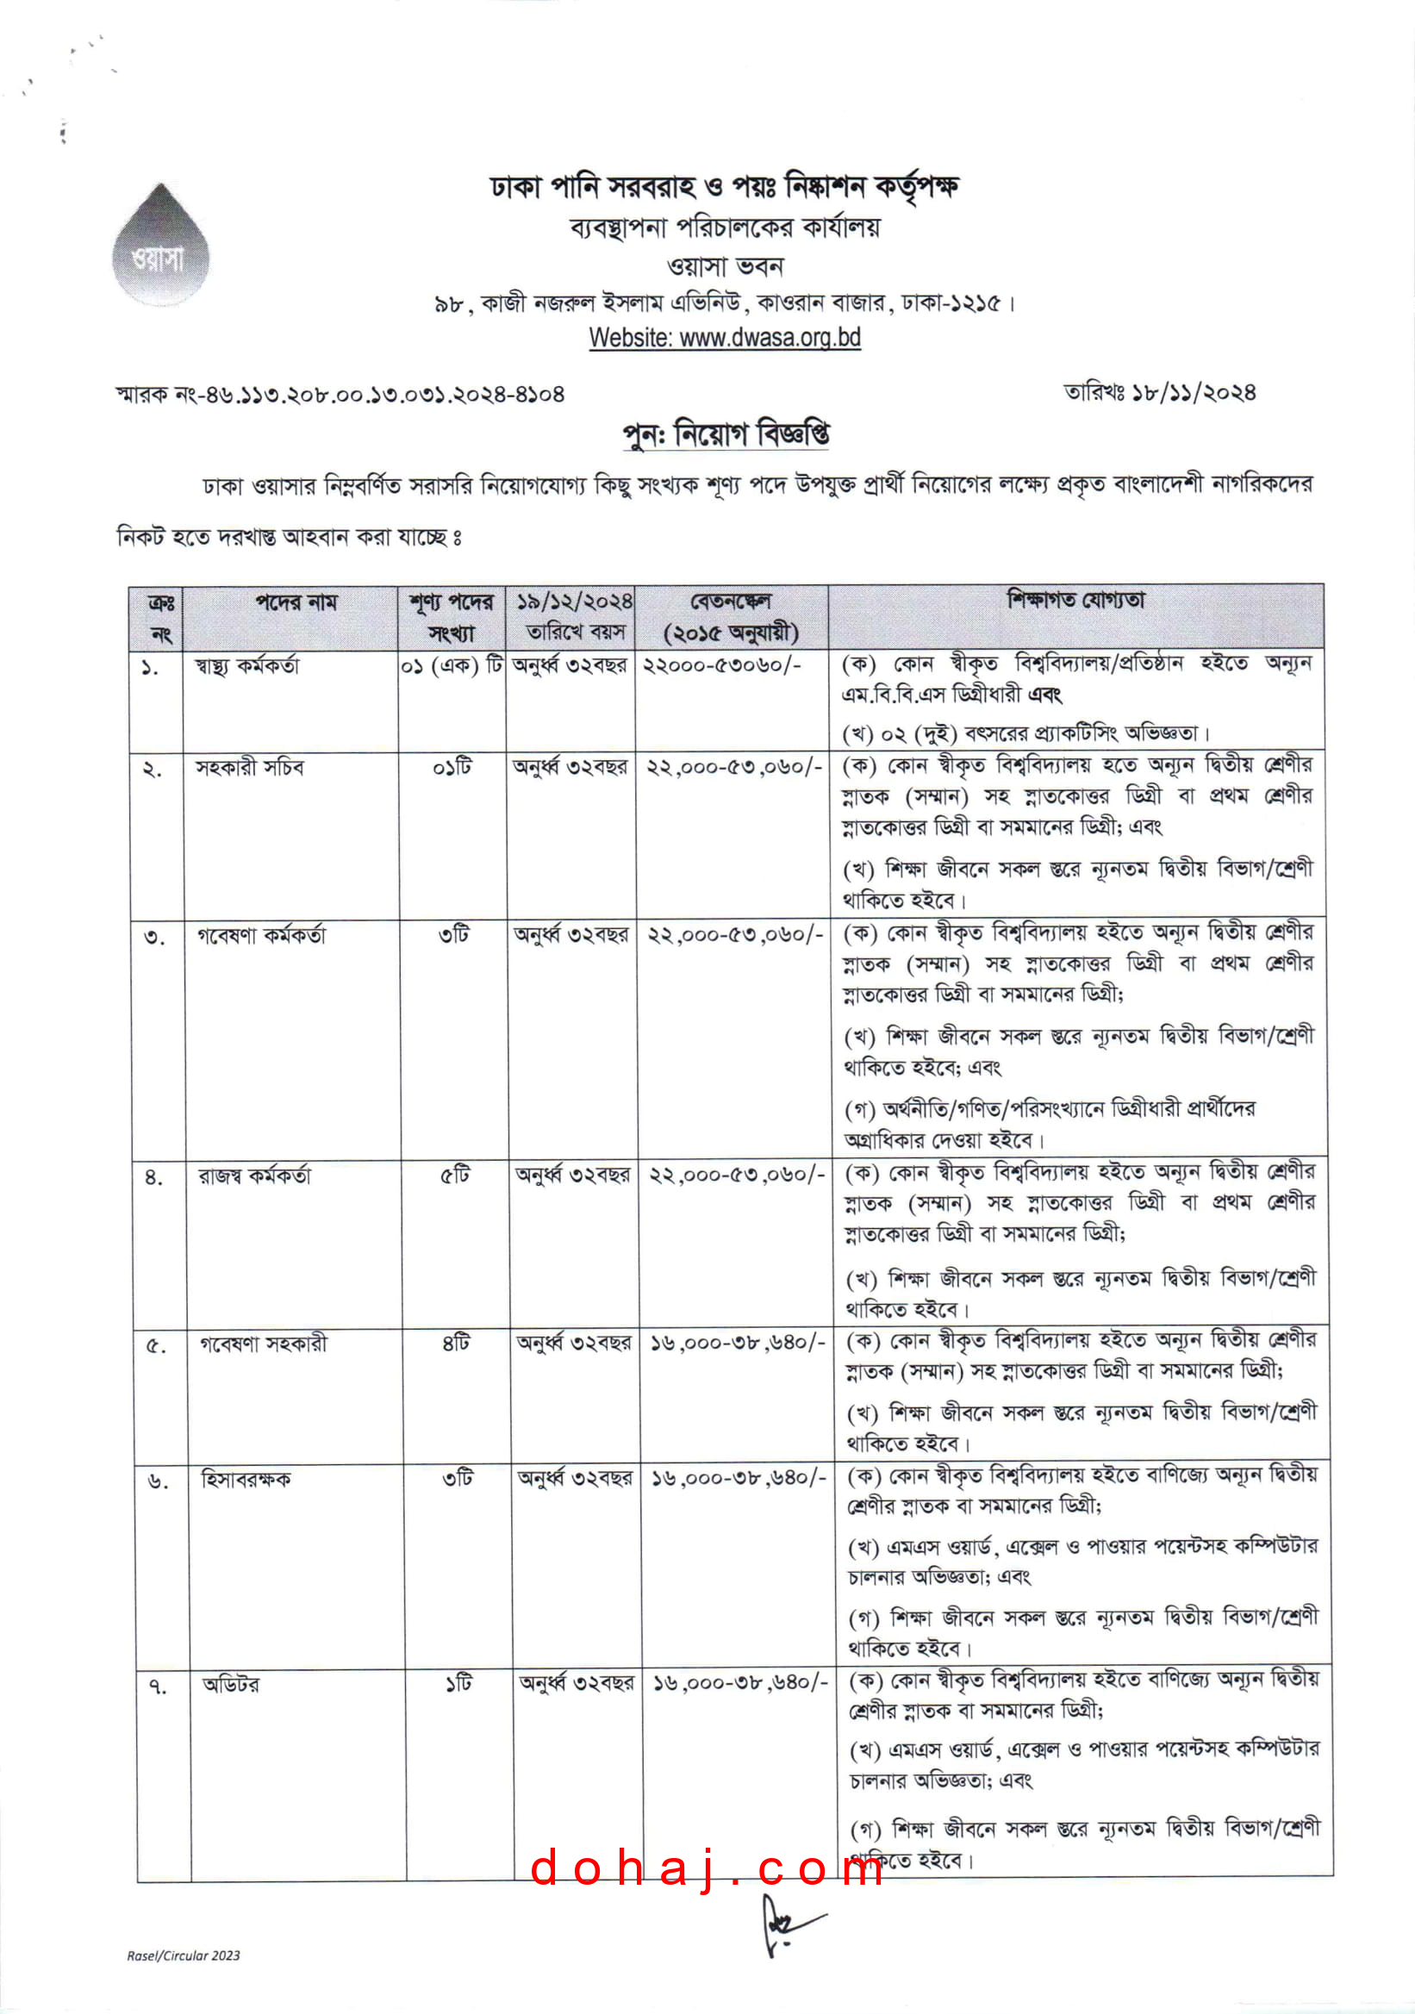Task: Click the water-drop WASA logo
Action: point(160,246)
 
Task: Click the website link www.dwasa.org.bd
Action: point(725,338)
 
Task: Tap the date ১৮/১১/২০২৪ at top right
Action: point(1160,392)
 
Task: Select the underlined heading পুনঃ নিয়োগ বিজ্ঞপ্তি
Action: point(726,434)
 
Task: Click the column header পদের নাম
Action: point(296,602)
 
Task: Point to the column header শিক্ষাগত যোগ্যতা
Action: point(1075,601)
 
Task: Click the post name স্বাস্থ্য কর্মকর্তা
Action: point(246,666)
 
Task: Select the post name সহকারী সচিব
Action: point(249,768)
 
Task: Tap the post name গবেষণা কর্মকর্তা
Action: point(260,935)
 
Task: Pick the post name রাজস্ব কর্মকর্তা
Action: point(254,1175)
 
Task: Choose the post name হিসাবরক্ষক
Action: point(246,1480)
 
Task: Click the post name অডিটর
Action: point(231,1684)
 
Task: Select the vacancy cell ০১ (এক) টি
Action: point(452,666)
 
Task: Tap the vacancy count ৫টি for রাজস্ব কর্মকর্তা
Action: point(455,1174)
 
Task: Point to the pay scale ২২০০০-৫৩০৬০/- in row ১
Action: point(721,666)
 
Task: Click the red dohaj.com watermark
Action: point(707,1868)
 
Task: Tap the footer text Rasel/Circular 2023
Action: point(184,1955)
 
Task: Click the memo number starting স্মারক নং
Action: point(340,395)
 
